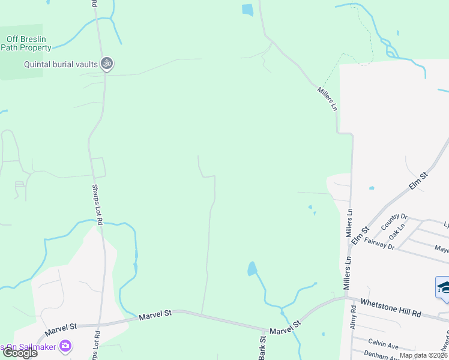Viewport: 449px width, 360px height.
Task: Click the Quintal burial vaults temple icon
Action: pyautogui.click(x=107, y=64)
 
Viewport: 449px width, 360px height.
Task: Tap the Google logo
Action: pyautogui.click(x=19, y=353)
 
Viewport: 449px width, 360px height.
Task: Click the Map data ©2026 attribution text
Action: pyautogui.click(x=423, y=355)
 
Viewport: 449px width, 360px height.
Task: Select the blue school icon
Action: pyautogui.click(x=444, y=286)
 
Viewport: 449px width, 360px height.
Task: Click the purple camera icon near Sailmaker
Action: pyautogui.click(x=65, y=346)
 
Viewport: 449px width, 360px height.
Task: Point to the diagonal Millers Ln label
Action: pyautogui.click(x=328, y=98)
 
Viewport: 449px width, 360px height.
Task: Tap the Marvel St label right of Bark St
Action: pyautogui.click(x=285, y=330)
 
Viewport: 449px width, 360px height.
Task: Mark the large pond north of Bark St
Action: pyautogui.click(x=252, y=268)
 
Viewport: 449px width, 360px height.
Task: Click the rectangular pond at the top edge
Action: pyautogui.click(x=247, y=10)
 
